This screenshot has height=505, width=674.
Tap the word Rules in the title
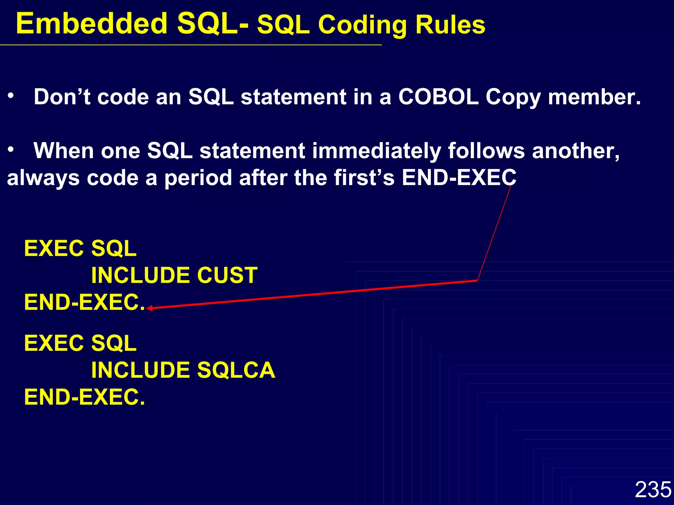450,25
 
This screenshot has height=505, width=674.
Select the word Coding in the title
363,26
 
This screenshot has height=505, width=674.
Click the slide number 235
653,490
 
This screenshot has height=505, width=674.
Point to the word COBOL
438,97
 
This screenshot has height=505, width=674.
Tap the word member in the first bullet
594,97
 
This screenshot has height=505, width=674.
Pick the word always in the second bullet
43,178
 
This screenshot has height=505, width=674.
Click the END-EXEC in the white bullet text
459,178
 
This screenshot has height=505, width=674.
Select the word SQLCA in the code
236,370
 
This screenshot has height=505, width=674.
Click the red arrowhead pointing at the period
149,308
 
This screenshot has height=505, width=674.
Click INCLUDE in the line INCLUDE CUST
141,275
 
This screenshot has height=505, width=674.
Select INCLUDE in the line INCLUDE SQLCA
141,370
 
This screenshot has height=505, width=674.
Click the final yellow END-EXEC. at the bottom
84,397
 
